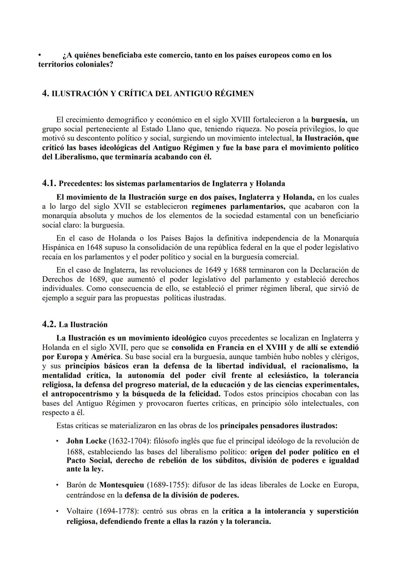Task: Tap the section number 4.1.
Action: [49, 183]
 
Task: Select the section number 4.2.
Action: [49, 324]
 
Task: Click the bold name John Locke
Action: [86, 441]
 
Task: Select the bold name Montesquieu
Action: [122, 485]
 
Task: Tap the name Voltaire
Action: [79, 511]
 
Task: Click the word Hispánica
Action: [57, 247]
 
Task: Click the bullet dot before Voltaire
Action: [57, 511]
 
